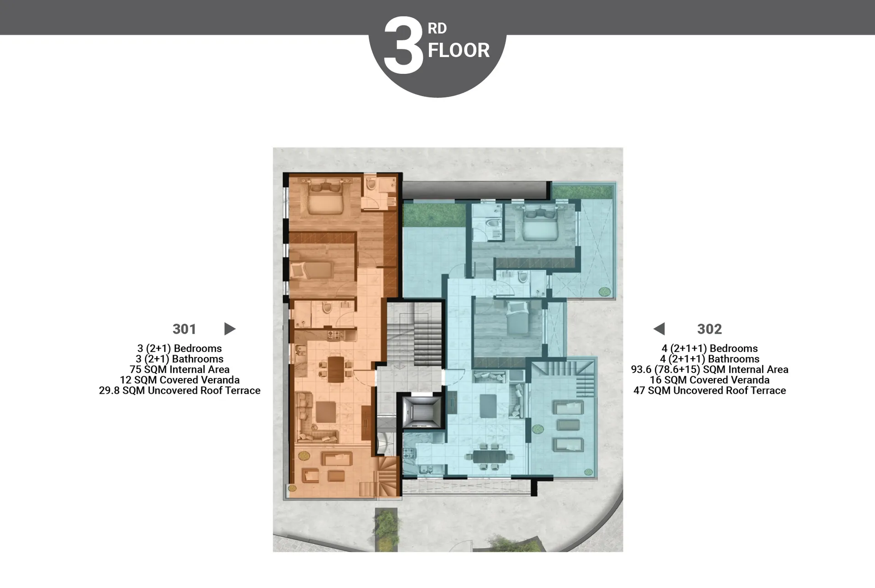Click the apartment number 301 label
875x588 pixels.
click(184, 329)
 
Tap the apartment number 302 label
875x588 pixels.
click(709, 329)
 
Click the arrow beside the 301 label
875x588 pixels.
click(230, 329)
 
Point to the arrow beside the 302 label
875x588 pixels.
click(659, 329)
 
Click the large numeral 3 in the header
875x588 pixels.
click(404, 46)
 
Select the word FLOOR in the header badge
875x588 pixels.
click(458, 50)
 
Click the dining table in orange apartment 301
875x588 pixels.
click(336, 369)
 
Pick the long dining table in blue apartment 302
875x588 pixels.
click(489, 456)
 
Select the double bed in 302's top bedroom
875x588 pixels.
click(540, 225)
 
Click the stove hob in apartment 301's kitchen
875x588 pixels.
click(335, 335)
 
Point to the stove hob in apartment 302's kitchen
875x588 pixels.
click(408, 454)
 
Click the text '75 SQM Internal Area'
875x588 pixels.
click(180, 370)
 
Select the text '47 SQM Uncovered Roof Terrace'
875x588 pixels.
click(710, 391)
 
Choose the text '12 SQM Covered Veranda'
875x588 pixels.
click(180, 380)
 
